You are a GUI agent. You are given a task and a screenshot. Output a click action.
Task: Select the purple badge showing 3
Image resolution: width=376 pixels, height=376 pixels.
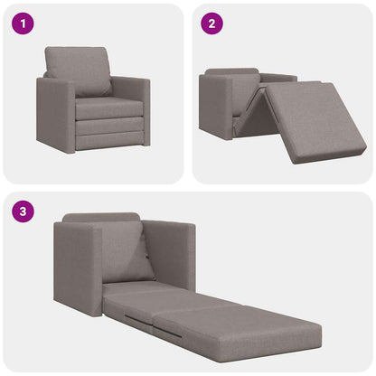click(x=22, y=211)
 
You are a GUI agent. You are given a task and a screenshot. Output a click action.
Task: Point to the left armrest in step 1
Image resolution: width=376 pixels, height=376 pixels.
click(x=55, y=113)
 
